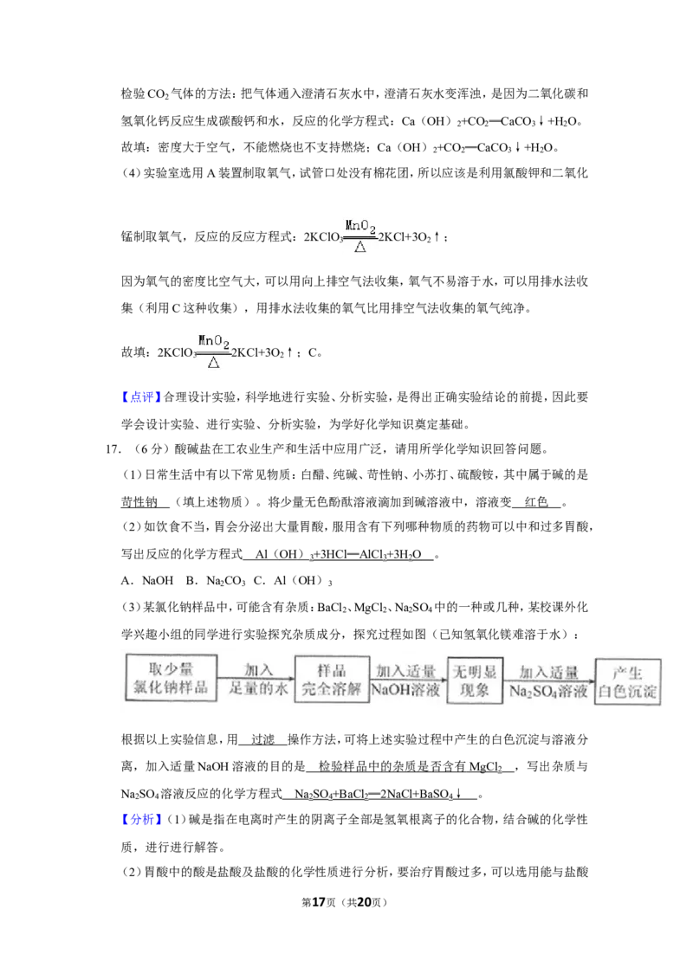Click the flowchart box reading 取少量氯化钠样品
click(x=172, y=678)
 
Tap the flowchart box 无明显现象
click(x=475, y=680)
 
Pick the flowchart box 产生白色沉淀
click(x=627, y=682)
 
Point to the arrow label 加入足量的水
click(x=257, y=680)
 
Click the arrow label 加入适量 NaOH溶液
click(x=406, y=680)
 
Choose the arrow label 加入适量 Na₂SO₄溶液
click(x=548, y=682)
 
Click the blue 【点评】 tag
click(x=141, y=397)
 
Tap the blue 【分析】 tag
click(x=141, y=819)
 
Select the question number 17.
click(x=113, y=448)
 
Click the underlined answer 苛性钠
click(x=139, y=502)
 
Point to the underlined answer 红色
click(x=536, y=502)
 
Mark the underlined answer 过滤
click(x=262, y=740)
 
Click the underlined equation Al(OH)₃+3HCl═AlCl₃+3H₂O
click(x=339, y=554)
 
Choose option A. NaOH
click(x=147, y=581)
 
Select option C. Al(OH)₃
click(x=293, y=581)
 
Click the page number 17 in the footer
click(x=319, y=902)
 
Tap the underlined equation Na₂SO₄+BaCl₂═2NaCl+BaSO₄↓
click(x=378, y=794)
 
